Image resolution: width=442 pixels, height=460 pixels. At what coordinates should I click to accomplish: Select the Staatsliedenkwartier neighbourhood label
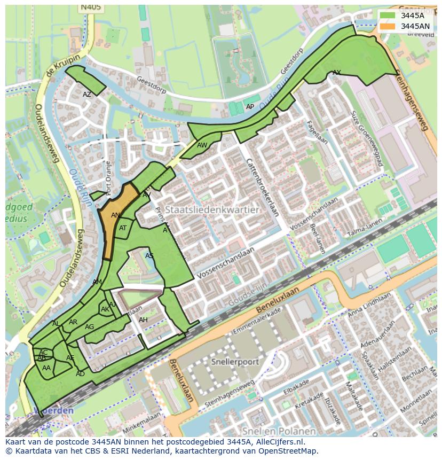click(212, 210)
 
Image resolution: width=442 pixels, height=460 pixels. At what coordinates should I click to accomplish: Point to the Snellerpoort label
click(235, 362)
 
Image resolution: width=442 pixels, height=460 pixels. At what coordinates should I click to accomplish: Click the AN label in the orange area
click(115, 215)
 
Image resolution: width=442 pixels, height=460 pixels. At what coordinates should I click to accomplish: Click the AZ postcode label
click(87, 95)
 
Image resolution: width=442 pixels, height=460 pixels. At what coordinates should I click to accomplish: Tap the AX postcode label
click(337, 72)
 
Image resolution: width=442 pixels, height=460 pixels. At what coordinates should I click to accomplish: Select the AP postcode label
click(250, 107)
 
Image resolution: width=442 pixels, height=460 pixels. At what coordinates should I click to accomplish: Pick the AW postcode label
click(202, 145)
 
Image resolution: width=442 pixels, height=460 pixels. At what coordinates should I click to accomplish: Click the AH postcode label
click(143, 320)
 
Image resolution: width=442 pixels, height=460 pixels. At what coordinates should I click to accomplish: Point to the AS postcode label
click(149, 256)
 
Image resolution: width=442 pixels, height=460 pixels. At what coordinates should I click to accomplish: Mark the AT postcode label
click(123, 228)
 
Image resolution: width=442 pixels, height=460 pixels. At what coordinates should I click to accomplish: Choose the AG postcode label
click(89, 327)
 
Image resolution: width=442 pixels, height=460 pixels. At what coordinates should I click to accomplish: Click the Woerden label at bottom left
click(53, 410)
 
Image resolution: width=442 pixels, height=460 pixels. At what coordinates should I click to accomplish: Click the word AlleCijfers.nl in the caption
click(278, 442)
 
